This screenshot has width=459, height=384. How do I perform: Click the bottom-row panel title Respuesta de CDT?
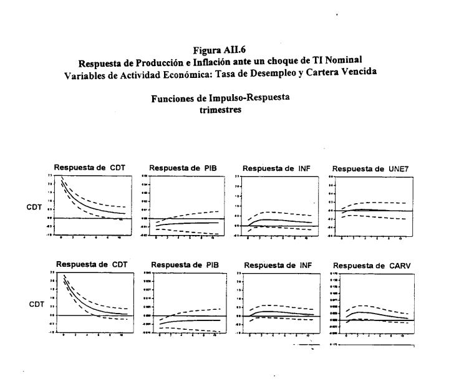pos(92,264)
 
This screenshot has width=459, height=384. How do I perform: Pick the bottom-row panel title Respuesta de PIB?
pos(185,265)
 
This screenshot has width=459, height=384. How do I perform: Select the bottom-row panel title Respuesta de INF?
pos(278,265)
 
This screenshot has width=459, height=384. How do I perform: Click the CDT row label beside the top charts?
pos(34,208)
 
